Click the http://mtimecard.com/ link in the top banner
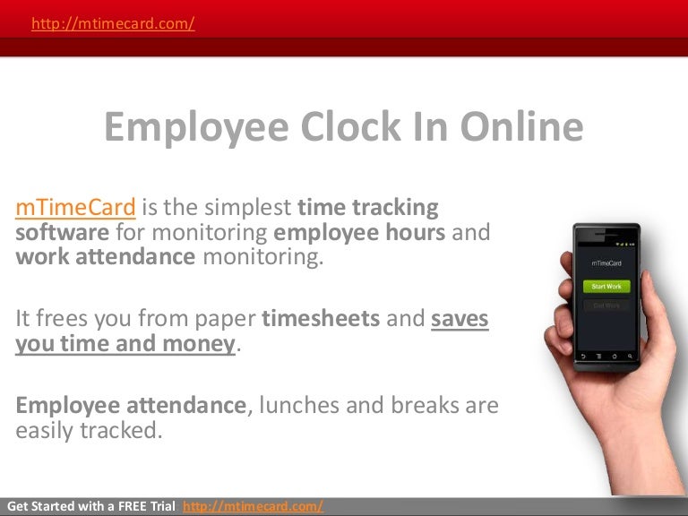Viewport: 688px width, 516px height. [113, 24]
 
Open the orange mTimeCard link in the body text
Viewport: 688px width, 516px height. [75, 208]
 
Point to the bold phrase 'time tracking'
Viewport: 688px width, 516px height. [368, 208]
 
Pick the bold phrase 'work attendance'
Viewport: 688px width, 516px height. [106, 257]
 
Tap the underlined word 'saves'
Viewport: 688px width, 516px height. [460, 319]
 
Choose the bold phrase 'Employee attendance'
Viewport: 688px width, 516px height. [130, 406]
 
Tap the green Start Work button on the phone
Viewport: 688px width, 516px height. [606, 287]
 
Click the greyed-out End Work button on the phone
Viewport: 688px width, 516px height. [606, 305]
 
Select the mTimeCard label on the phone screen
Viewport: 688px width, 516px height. [606, 263]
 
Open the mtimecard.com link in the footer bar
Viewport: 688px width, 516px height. [253, 507]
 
